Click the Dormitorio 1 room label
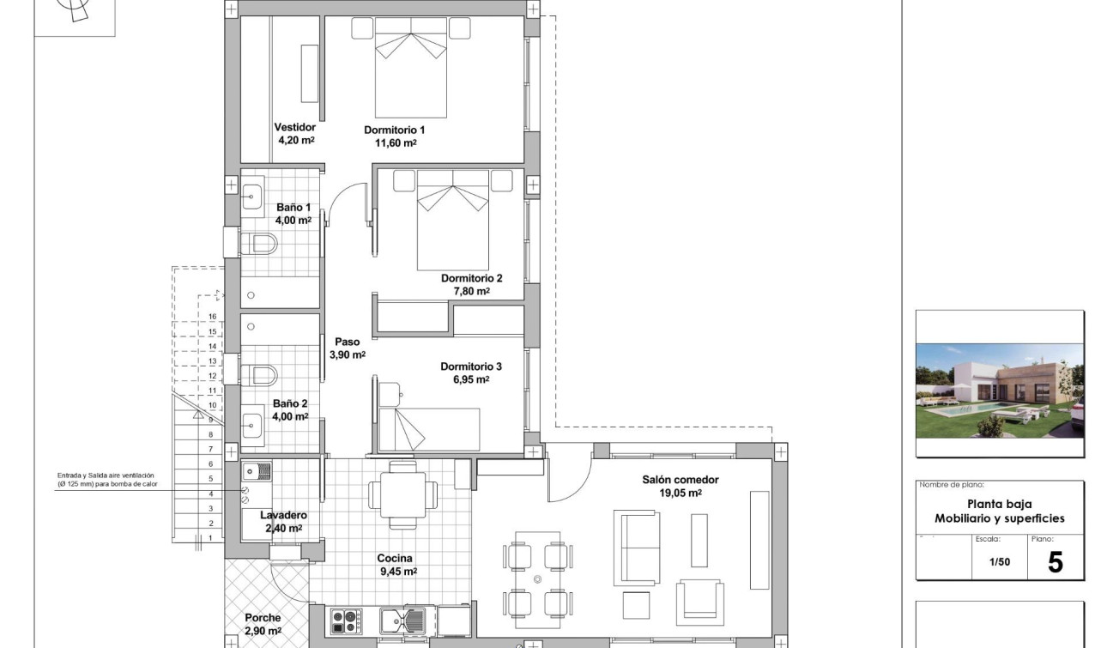click(394, 130)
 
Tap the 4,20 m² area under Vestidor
click(295, 140)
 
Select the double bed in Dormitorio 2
click(452, 221)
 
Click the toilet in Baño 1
click(260, 245)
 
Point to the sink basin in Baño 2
click(252, 424)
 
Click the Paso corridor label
click(348, 342)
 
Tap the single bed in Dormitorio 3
click(429, 429)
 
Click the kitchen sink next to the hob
click(403, 620)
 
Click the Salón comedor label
click(681, 480)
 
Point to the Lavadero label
click(283, 515)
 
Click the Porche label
click(263, 618)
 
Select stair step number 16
click(212, 317)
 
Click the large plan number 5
click(1056, 562)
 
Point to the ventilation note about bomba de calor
click(107, 480)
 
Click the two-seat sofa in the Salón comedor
click(636, 548)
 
